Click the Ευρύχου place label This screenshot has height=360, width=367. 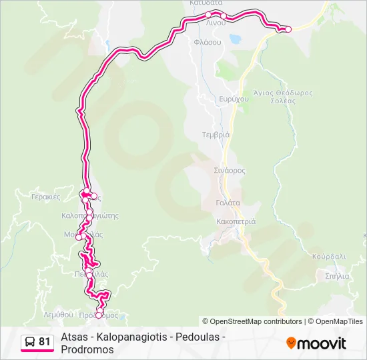tap(234, 99)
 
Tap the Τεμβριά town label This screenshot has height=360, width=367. tap(216, 134)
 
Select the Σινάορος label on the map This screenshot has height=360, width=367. tap(230, 171)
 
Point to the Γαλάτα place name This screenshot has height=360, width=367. tap(228, 203)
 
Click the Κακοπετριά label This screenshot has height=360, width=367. tap(236, 221)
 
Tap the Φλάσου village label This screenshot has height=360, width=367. tap(208, 41)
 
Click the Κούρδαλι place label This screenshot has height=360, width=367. tap(329, 256)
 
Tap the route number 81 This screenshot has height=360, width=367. tap(44, 341)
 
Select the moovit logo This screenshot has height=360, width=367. tap(316, 343)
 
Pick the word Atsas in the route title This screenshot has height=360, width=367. tap(73, 337)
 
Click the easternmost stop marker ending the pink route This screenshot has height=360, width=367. tap(288, 29)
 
